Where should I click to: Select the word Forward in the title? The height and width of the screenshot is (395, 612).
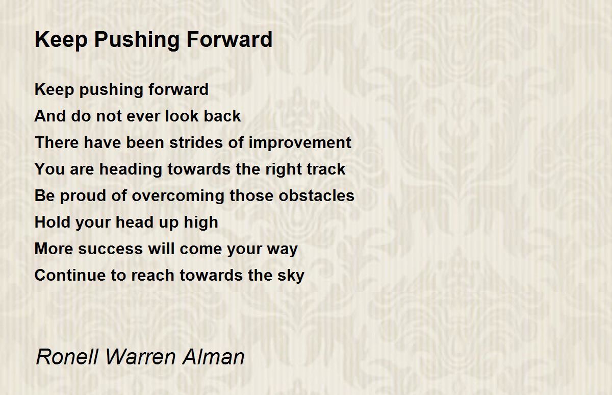[229, 39]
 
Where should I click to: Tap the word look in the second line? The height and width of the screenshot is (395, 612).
[182, 116]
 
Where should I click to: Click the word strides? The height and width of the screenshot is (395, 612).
[196, 142]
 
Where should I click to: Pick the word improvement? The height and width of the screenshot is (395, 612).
[300, 143]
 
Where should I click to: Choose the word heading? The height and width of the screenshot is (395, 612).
[131, 170]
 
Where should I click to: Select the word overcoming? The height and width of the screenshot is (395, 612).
[178, 196]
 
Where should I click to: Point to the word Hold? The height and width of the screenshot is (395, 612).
[53, 222]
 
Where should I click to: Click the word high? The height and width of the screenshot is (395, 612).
[201, 223]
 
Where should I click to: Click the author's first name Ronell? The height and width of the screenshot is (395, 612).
[67, 357]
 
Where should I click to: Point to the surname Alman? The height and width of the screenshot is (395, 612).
[213, 357]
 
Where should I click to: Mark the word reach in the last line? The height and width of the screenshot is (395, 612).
[152, 275]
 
